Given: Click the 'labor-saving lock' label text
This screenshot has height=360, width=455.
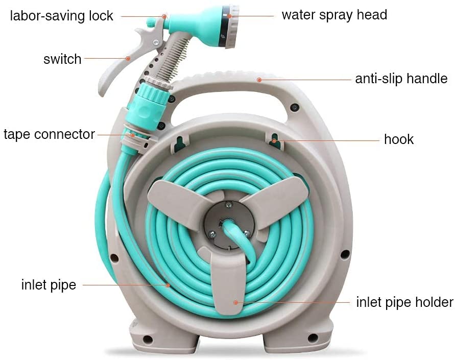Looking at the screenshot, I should point(62,15).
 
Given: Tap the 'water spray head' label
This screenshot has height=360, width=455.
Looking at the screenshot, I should point(334,14).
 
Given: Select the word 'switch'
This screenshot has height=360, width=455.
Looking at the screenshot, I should point(62,59).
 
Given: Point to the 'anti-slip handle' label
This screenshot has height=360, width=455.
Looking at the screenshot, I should point(401,79).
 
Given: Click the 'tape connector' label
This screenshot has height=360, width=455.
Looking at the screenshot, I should point(49,134).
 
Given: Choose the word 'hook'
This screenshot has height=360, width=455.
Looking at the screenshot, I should point(398,139).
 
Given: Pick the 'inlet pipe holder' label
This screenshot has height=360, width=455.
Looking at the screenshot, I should point(404,302).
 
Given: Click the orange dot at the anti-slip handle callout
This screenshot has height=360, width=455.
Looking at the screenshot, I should point(259,80).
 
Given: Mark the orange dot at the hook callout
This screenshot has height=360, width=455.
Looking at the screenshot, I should point(274,140).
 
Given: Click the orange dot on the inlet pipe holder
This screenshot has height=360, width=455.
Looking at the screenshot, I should point(235,302).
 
